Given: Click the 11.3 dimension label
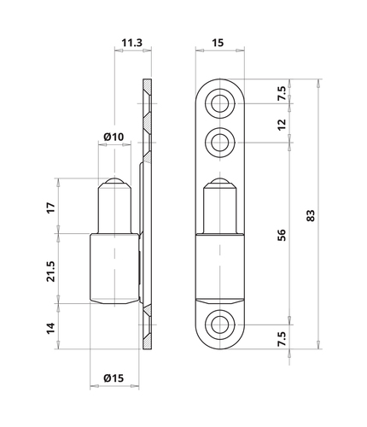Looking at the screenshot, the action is (131, 43).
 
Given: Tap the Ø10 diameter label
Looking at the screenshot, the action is (114, 137).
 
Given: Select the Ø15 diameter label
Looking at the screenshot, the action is (114, 378).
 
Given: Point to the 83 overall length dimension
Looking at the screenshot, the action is (311, 215).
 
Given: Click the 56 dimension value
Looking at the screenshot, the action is (281, 235).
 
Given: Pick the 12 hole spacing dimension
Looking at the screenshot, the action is (281, 125).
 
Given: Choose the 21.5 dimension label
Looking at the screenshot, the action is (51, 272).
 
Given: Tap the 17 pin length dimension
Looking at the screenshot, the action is (51, 208).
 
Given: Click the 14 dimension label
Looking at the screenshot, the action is (51, 328).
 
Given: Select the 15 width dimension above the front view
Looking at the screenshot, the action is (218, 43).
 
